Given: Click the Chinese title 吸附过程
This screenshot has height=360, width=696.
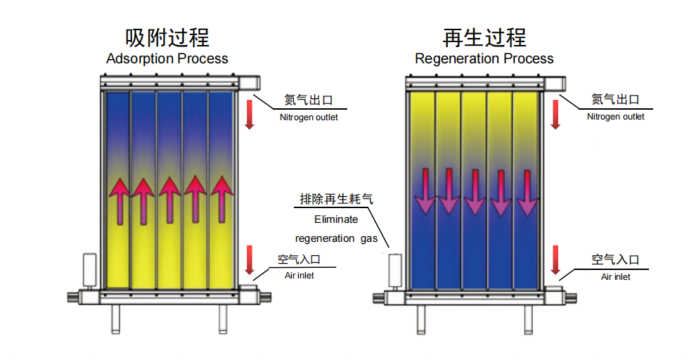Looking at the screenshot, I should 167,37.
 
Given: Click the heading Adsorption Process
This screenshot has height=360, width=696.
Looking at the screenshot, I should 167,58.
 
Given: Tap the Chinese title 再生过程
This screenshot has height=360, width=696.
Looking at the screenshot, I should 484,37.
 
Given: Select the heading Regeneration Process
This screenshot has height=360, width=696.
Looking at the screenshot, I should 484,58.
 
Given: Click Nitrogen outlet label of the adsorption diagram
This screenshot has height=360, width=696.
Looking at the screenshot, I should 309,117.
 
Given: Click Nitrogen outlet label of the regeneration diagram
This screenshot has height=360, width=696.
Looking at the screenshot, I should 616,116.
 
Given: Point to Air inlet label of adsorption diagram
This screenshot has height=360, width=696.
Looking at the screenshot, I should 299,276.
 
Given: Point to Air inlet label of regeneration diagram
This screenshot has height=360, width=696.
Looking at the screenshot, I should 616,276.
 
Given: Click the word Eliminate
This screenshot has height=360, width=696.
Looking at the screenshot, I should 336,219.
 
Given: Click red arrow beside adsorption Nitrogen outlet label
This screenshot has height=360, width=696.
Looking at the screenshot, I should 249,114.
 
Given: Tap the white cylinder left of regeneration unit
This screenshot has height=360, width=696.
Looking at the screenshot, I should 396,271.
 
